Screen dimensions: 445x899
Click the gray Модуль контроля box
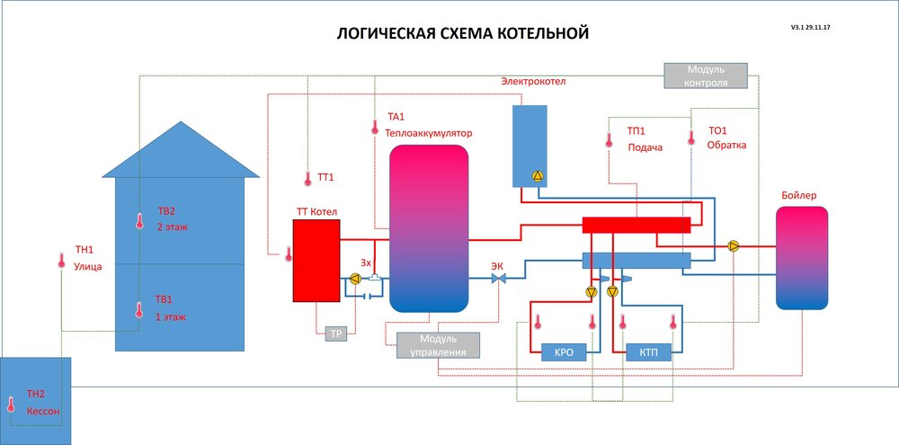(x=707, y=76)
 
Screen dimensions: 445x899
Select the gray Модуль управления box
(x=439, y=345)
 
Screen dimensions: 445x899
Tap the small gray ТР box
(x=336, y=334)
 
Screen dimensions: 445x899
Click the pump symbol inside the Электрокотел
(x=538, y=176)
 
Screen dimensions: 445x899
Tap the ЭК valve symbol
(x=497, y=280)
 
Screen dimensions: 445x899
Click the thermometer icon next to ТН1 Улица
(x=61, y=261)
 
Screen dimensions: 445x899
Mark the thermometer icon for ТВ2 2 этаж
(x=140, y=221)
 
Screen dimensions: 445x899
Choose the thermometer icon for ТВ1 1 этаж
(x=139, y=310)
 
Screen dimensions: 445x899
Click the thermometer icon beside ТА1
(x=375, y=128)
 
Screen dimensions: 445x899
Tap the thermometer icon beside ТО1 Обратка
(x=691, y=138)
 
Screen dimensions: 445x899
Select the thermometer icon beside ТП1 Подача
(x=609, y=139)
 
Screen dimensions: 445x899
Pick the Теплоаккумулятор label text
(x=429, y=133)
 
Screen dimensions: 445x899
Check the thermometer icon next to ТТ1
(x=307, y=178)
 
